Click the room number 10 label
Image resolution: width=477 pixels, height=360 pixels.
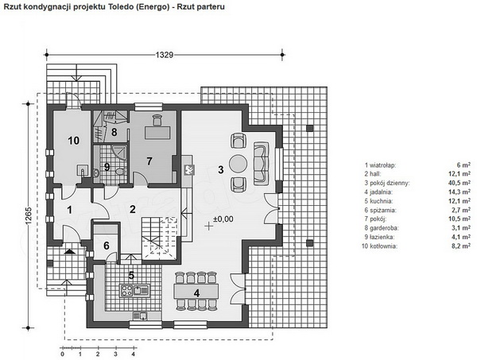[x=74, y=141]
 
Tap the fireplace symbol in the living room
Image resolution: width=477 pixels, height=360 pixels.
[x=188, y=169]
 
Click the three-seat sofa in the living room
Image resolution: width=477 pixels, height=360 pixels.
[x=262, y=163]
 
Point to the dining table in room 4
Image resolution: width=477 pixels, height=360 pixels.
[x=196, y=291]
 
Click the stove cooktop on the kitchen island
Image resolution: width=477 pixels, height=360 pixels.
[x=126, y=290]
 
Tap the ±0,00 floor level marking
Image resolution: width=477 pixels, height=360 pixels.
[x=223, y=219]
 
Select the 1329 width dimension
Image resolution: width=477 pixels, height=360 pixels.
[x=165, y=55]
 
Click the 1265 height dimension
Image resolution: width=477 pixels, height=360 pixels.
[x=29, y=216]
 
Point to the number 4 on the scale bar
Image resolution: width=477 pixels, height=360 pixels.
[x=134, y=354]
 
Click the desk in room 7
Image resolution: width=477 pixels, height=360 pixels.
[x=157, y=132]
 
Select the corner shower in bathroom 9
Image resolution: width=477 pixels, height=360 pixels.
[x=119, y=152]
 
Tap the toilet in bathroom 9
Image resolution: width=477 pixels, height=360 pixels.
[x=121, y=172]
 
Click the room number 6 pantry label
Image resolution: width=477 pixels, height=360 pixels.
[x=107, y=246]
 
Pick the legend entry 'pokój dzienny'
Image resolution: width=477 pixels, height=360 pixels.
[x=387, y=183]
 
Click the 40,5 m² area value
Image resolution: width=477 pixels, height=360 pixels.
[x=461, y=183]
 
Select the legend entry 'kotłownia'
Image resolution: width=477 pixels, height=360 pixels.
[x=379, y=246]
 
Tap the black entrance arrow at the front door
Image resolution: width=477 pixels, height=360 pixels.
[x=70, y=251]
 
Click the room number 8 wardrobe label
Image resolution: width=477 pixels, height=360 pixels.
[x=114, y=132]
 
